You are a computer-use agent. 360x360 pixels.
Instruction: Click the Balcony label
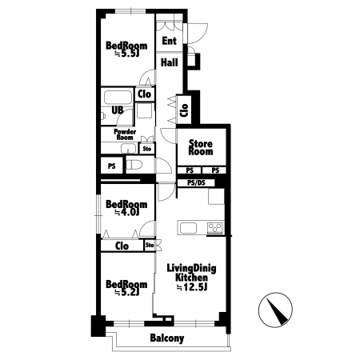pos(167,338)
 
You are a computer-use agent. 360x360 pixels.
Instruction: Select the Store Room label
pos(201,147)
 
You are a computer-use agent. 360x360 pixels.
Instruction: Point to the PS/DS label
pos(196,183)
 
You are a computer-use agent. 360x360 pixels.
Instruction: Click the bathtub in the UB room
pos(118,98)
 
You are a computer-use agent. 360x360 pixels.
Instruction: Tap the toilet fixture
pos(134,166)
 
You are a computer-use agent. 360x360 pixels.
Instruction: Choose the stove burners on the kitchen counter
pos(215,227)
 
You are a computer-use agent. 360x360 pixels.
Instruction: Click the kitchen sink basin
pos(189,228)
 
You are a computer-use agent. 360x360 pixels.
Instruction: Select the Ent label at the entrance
pos(170,41)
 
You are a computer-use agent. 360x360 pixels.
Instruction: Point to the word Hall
pos(170,62)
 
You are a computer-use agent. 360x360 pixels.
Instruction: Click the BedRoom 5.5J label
pos(126,50)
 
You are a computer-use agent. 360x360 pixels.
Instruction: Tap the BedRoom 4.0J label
pos(126,208)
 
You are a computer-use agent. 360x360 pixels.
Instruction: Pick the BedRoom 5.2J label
pos(126,288)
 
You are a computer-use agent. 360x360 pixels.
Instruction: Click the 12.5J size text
pos(192,287)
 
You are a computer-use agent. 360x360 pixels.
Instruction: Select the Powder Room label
pos(125,134)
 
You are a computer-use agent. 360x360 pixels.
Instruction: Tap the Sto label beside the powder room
pos(147,149)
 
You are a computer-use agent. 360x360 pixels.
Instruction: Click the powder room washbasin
pos(129,148)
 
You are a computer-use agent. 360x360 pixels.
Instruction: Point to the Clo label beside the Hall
pos(184,110)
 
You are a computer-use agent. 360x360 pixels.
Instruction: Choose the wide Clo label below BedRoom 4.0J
pos(122,246)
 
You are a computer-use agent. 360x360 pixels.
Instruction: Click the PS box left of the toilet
pos(112,166)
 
